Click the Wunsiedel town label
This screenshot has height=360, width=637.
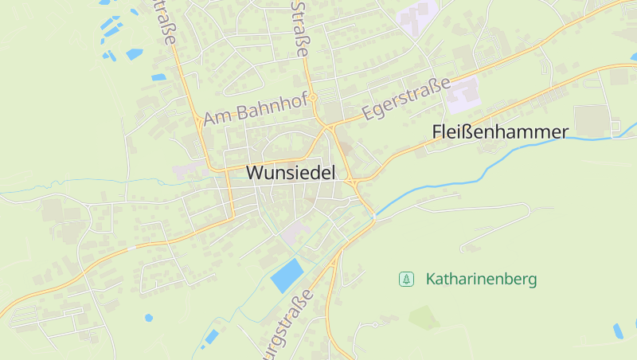(x=291, y=172)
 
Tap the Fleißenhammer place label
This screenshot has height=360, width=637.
(x=500, y=132)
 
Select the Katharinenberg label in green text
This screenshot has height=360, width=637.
(x=481, y=280)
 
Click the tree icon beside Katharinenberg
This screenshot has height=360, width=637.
(x=407, y=279)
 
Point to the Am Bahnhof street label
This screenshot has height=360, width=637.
(x=255, y=109)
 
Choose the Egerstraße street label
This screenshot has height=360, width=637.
(x=405, y=100)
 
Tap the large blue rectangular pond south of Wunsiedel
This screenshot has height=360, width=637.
(x=287, y=275)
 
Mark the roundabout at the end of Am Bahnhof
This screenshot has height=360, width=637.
(x=314, y=97)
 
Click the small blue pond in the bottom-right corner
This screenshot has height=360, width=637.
(x=618, y=330)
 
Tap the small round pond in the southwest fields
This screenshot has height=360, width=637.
(x=149, y=318)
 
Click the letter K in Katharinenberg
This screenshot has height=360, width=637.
(x=431, y=280)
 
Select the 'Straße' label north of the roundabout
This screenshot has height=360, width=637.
(x=300, y=28)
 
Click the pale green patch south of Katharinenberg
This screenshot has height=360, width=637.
(x=424, y=318)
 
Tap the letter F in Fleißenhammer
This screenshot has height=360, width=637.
(x=436, y=132)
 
